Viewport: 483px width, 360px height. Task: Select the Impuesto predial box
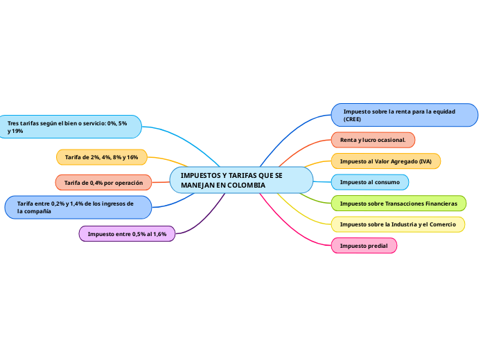pyautogui.click(x=364, y=245)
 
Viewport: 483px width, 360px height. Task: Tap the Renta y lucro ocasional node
pyautogui.click(x=373, y=140)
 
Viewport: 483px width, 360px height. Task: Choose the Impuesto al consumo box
pyautogui.click(x=369, y=182)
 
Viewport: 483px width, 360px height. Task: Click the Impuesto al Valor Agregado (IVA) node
pyautogui.click(x=385, y=161)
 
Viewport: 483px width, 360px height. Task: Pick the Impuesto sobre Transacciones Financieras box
pyautogui.click(x=398, y=203)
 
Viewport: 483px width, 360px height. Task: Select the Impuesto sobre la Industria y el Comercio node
pyautogui.click(x=397, y=224)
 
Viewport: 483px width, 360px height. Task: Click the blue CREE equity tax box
pyautogui.click(x=405, y=115)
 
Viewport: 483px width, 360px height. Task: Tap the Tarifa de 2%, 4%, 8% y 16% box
pyautogui.click(x=101, y=157)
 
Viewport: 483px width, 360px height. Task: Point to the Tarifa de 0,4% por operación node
pyautogui.click(x=103, y=182)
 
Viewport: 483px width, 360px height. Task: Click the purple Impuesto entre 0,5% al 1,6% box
pyautogui.click(x=127, y=234)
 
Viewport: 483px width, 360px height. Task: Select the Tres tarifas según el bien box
pyautogui.click(x=70, y=127)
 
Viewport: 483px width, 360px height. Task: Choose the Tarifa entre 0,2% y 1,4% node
pyautogui.click(x=78, y=207)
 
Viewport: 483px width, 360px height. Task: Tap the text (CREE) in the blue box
pyautogui.click(x=352, y=120)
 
